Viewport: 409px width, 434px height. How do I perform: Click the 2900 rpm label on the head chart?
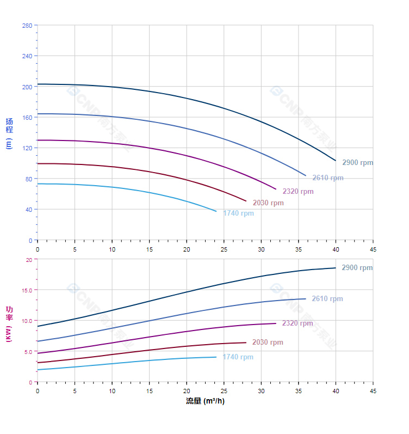pyautogui.click(x=357, y=163)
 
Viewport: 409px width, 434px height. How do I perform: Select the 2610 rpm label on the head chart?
pyautogui.click(x=327, y=178)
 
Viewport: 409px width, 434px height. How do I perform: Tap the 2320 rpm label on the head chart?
pyautogui.click(x=298, y=192)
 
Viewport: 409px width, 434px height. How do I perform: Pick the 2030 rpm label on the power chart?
pyautogui.click(x=268, y=343)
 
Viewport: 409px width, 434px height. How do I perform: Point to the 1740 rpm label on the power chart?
pyautogui.click(x=238, y=357)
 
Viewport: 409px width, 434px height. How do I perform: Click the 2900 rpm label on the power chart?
pyautogui.click(x=357, y=268)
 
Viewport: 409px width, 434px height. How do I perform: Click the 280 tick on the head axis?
pyautogui.click(x=27, y=26)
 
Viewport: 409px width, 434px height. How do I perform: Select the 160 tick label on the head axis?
pyautogui.click(x=27, y=118)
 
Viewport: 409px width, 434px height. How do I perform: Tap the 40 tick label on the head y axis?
pyautogui.click(x=28, y=210)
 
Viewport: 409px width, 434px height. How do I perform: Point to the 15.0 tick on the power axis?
pyautogui.click(x=27, y=290)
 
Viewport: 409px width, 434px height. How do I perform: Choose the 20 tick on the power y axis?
pyautogui.click(x=29, y=260)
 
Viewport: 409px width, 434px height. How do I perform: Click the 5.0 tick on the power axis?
pyautogui.click(x=28, y=352)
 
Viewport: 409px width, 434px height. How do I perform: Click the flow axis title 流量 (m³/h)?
pyautogui.click(x=205, y=401)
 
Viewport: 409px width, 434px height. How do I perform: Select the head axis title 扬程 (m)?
pyautogui.click(x=9, y=133)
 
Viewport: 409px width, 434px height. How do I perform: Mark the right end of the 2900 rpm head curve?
pyautogui.click(x=336, y=161)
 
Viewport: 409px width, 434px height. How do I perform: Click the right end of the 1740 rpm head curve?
pyautogui.click(x=216, y=211)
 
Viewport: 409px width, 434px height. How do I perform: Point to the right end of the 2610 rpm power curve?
pyautogui.click(x=306, y=298)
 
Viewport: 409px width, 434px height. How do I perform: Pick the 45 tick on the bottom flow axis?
pyautogui.click(x=373, y=390)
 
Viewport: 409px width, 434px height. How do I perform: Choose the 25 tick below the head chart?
pyautogui.click(x=224, y=249)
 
